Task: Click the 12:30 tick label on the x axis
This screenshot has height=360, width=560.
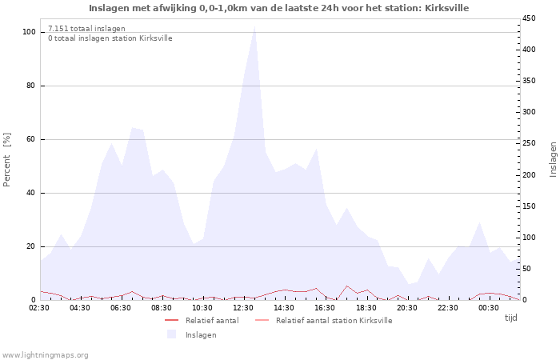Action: pos(243,308)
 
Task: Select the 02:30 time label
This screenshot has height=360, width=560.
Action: pos(39,308)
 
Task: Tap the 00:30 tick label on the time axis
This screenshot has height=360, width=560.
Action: pos(489,308)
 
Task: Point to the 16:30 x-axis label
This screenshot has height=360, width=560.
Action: pos(325,308)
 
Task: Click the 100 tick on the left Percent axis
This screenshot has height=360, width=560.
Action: pos(29,32)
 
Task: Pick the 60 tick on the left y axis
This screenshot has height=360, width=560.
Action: pos(30,139)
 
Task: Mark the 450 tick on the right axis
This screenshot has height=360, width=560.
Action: pos(529,18)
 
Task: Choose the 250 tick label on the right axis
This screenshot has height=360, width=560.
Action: pos(529,143)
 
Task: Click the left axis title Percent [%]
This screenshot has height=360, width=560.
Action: pos(6,160)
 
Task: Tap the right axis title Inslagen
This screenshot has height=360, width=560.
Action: pos(553,160)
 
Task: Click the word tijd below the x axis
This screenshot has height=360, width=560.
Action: pos(510,318)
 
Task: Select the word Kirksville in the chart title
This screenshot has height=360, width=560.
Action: pos(446,8)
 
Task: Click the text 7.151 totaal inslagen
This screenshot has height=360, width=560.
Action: pos(86,29)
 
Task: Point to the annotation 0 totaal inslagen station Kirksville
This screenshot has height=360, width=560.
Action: pos(110,38)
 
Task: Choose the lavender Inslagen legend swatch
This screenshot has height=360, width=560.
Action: pos(172,334)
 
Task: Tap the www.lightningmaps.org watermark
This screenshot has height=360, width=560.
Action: pos(44,355)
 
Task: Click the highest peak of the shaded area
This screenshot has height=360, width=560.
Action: pos(254,26)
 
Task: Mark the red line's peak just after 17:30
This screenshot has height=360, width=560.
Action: pos(346,286)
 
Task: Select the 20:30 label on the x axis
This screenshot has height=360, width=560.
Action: pos(406,308)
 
